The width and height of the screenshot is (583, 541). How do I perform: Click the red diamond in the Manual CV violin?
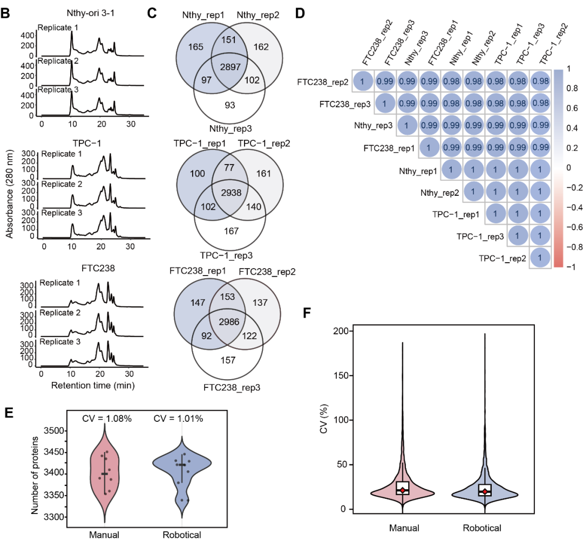point(402,490)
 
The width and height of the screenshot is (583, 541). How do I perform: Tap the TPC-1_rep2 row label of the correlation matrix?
point(501,257)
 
